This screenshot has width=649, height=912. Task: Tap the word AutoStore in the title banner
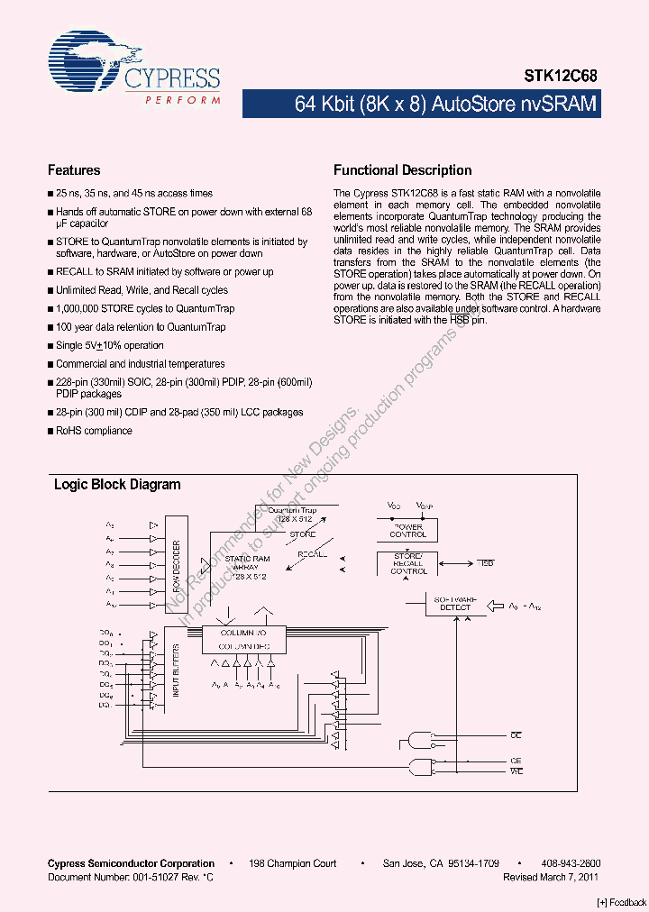click(x=474, y=105)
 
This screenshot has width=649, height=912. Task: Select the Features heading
click(x=74, y=170)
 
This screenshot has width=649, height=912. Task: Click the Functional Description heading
click(x=402, y=170)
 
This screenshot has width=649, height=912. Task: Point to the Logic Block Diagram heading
click(x=117, y=485)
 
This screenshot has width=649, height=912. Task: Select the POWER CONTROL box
click(x=408, y=530)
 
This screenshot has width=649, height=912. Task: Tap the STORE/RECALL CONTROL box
click(x=408, y=563)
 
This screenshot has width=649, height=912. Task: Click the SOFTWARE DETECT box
click(x=455, y=603)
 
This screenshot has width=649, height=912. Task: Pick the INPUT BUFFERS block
click(x=176, y=670)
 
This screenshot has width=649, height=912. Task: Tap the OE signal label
click(x=516, y=736)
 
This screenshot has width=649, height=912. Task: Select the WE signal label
click(x=516, y=771)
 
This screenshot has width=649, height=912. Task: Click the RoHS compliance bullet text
click(x=94, y=431)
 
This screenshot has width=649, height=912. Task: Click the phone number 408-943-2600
click(x=571, y=863)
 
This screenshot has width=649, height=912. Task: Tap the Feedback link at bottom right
click(x=622, y=902)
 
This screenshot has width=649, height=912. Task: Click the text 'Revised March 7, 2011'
click(x=551, y=877)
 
